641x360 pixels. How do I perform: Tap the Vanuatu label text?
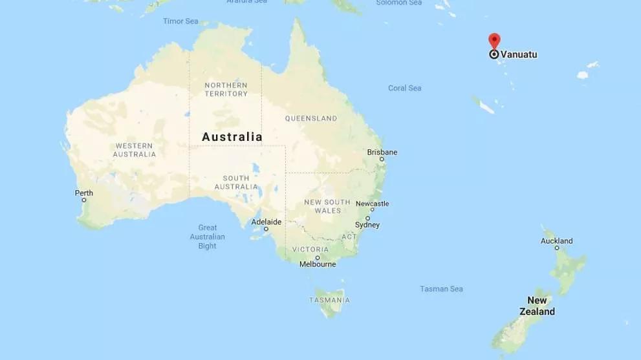pyautogui.click(x=519, y=55)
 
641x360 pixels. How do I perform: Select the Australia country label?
pyautogui.click(x=232, y=137)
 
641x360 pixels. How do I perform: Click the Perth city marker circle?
pyautogui.click(x=83, y=200)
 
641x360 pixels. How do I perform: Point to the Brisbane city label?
pyautogui.click(x=382, y=153)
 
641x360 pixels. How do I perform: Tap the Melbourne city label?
pyautogui.click(x=318, y=264)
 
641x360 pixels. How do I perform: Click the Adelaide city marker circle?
pyautogui.click(x=265, y=229)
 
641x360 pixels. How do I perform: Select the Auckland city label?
pyautogui.click(x=556, y=241)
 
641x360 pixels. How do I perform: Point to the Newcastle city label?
pyautogui.click(x=372, y=204)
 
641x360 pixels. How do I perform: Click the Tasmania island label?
pyautogui.click(x=329, y=300)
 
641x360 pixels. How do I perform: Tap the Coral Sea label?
pyautogui.click(x=404, y=88)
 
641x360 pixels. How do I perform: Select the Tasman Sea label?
pyautogui.click(x=442, y=289)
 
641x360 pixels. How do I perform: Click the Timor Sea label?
pyautogui.click(x=180, y=21)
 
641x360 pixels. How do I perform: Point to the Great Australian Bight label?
pyautogui.click(x=208, y=237)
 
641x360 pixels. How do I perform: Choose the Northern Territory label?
pyautogui.click(x=226, y=89)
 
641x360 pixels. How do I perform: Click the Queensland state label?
pyautogui.click(x=311, y=119)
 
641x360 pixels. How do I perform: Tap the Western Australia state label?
pyautogui.click(x=135, y=150)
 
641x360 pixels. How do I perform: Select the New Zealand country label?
pyautogui.click(x=537, y=306)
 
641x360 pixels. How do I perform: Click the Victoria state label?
pyautogui.click(x=310, y=249)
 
